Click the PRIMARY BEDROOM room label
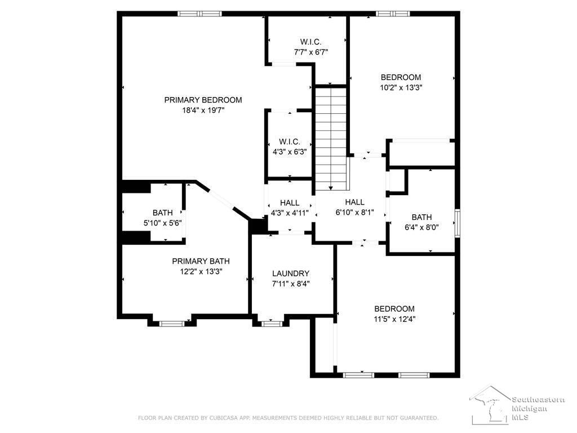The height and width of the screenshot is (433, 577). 203,100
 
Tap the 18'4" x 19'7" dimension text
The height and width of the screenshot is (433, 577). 203,110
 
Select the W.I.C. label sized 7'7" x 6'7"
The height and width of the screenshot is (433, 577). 310,42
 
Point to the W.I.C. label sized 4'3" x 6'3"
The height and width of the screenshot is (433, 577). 290,142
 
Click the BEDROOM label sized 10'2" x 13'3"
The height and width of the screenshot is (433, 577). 401,77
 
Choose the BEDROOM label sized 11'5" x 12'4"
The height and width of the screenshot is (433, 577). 394,308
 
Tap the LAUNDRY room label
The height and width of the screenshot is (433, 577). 291,273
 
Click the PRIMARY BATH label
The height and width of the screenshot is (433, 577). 201,261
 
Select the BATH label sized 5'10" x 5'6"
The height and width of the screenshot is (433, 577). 163,213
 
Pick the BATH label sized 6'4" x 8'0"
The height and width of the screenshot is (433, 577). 421,217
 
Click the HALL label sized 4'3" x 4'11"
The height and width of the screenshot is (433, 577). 290,202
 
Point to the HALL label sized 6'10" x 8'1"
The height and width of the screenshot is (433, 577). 355,202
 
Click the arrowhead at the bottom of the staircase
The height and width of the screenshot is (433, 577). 331,188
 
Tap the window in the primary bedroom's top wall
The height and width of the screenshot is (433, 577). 200,14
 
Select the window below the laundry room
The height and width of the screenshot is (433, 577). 271,324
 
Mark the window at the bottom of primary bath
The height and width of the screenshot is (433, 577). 172,324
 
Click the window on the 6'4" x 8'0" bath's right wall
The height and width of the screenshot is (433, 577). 458,223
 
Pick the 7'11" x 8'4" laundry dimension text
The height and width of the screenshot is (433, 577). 291,284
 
